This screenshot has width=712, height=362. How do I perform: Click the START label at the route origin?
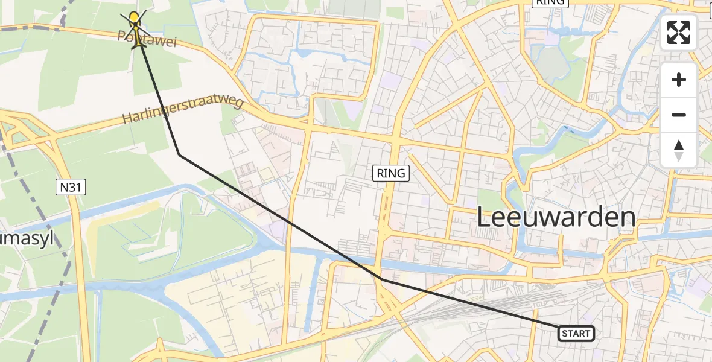coord(576,333)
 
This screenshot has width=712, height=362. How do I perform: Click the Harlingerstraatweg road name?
coord(183,110)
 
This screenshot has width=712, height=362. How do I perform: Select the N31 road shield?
coord(72,188)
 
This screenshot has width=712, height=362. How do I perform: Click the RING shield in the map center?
coord(390,174)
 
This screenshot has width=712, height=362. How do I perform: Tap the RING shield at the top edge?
coord(549,2)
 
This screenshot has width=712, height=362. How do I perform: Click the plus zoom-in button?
coord(679,80)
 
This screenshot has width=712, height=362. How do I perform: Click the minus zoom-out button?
coord(679,115)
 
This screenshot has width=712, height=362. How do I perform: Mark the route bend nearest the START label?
coord(382,279)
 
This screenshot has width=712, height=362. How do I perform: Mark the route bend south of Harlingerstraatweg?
coord(179,155)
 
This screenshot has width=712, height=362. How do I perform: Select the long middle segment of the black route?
coord(281,217)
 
